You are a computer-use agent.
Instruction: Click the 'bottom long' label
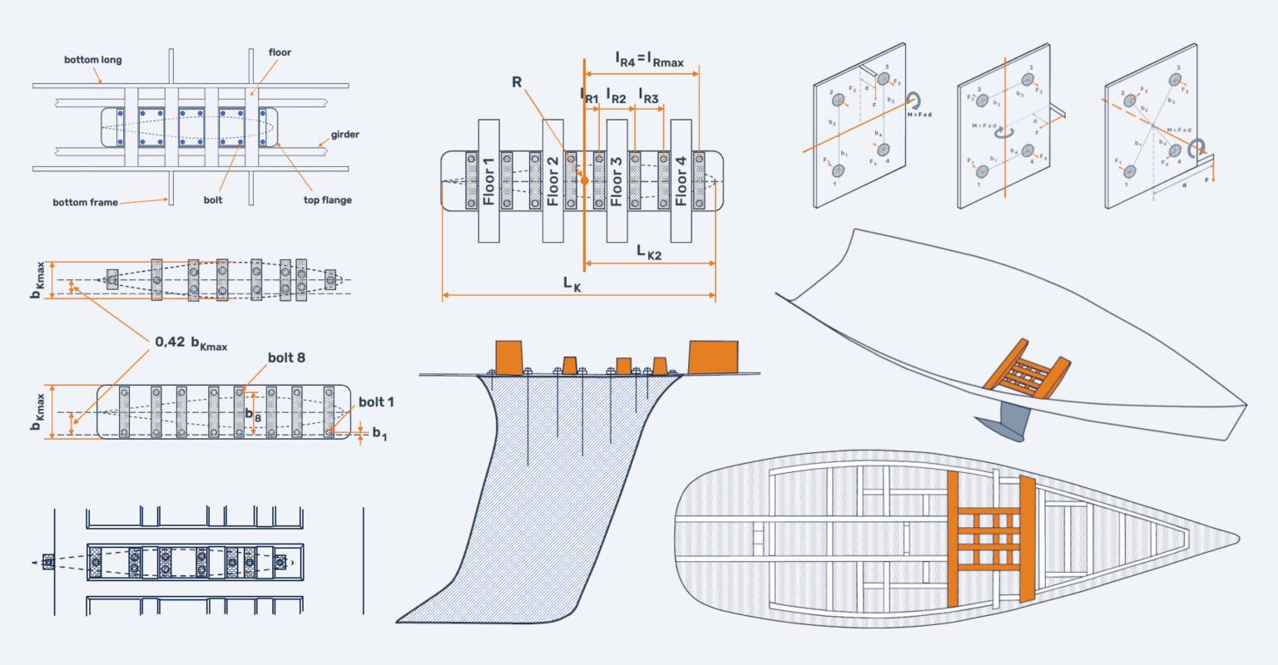[x=93, y=60]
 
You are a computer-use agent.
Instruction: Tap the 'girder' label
[x=344, y=134]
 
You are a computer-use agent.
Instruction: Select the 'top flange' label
[x=328, y=200]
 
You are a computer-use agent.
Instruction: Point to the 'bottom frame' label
[x=85, y=202]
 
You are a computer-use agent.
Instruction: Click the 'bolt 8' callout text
[x=286, y=357]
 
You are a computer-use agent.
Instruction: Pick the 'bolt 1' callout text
[x=376, y=402]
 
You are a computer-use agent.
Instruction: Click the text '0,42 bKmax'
[x=191, y=342]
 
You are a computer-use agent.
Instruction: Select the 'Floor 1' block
[x=488, y=181]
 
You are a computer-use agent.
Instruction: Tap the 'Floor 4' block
[x=681, y=181]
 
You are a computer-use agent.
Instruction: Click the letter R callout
[x=517, y=83]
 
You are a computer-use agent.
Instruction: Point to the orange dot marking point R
[x=584, y=180]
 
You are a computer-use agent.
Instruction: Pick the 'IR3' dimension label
[x=648, y=96]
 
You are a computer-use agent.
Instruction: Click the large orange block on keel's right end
[x=713, y=357]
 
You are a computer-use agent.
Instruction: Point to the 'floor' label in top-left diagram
[x=280, y=52]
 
